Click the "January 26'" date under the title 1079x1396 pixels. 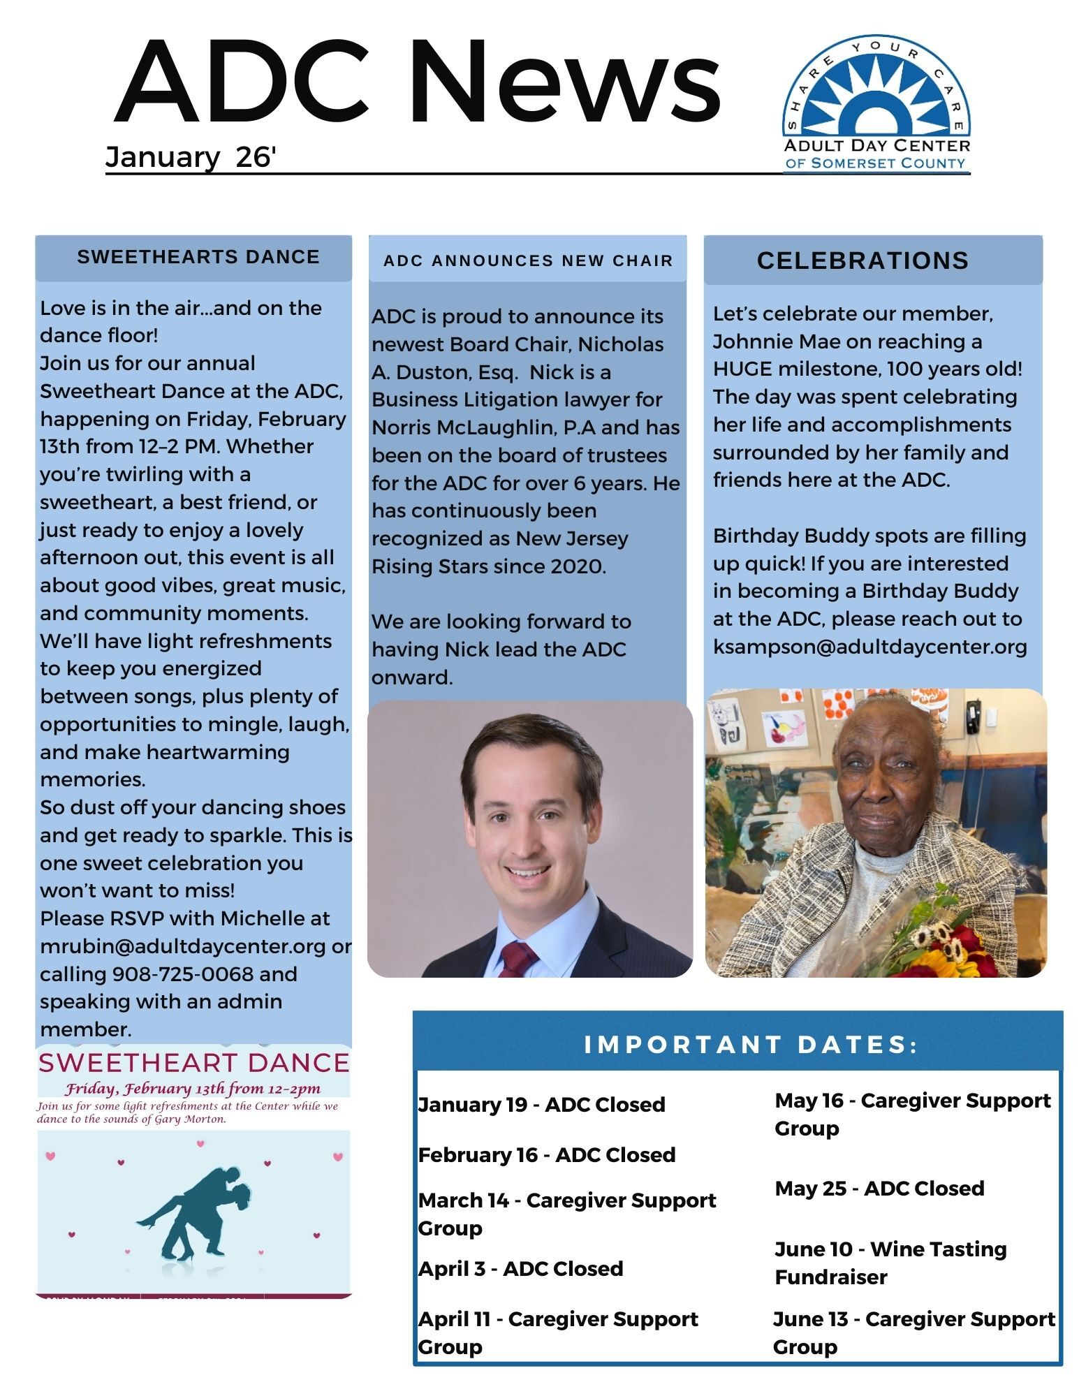tap(191, 157)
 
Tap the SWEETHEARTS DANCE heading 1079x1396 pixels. tap(198, 257)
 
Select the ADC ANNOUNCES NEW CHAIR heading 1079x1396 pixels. tap(528, 261)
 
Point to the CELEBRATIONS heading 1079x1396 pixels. tap(863, 261)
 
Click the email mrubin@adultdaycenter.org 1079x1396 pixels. tap(183, 946)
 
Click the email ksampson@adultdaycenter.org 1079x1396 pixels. tap(869, 647)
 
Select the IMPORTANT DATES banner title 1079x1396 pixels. tap(751, 1045)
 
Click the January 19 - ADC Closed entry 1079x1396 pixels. tap(541, 1105)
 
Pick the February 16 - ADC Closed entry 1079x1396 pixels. tap(546, 1155)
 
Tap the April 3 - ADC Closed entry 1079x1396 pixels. tap(520, 1269)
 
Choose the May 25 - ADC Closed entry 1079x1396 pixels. tap(879, 1189)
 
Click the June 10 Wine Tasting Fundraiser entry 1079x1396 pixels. tap(890, 1263)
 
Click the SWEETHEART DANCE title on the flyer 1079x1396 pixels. tap(193, 1063)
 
